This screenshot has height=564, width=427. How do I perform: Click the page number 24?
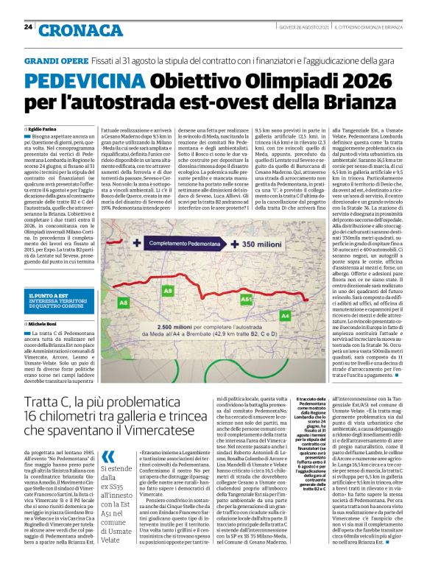[x=27, y=27]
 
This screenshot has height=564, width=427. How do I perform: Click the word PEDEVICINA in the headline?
[x=81, y=79]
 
